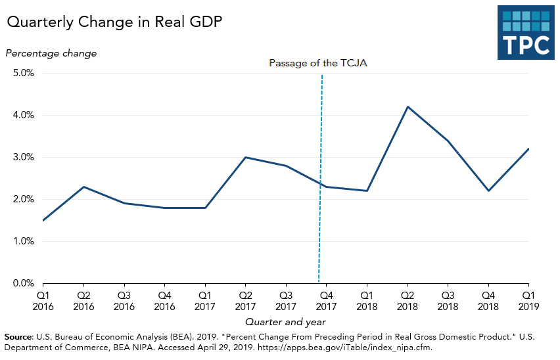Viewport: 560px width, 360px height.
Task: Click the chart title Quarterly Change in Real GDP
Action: coord(114,22)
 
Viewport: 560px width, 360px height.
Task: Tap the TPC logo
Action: coord(526,34)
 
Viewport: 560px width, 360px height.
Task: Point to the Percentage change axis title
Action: coord(51,53)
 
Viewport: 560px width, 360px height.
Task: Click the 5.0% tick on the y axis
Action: coord(23,73)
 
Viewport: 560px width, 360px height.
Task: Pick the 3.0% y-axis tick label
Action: coord(23,157)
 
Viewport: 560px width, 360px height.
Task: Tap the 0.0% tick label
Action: coord(23,283)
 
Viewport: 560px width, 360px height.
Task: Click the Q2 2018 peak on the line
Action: coord(408,106)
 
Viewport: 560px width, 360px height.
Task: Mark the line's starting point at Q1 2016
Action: coord(43,220)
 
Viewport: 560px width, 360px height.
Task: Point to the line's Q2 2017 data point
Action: coord(245,157)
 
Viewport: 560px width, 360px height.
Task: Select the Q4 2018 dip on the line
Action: coord(488,191)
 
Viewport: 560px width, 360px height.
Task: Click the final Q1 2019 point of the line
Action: coord(528,149)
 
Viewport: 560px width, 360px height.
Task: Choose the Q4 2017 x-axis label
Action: coord(326,301)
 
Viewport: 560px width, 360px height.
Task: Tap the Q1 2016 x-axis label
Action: coord(43,301)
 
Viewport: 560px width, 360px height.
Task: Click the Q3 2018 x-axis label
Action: coord(448,301)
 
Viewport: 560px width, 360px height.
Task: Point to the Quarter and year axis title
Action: coord(285,322)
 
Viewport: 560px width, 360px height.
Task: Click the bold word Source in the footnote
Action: coord(18,336)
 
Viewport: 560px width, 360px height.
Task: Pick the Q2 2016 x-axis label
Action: coord(83,301)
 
